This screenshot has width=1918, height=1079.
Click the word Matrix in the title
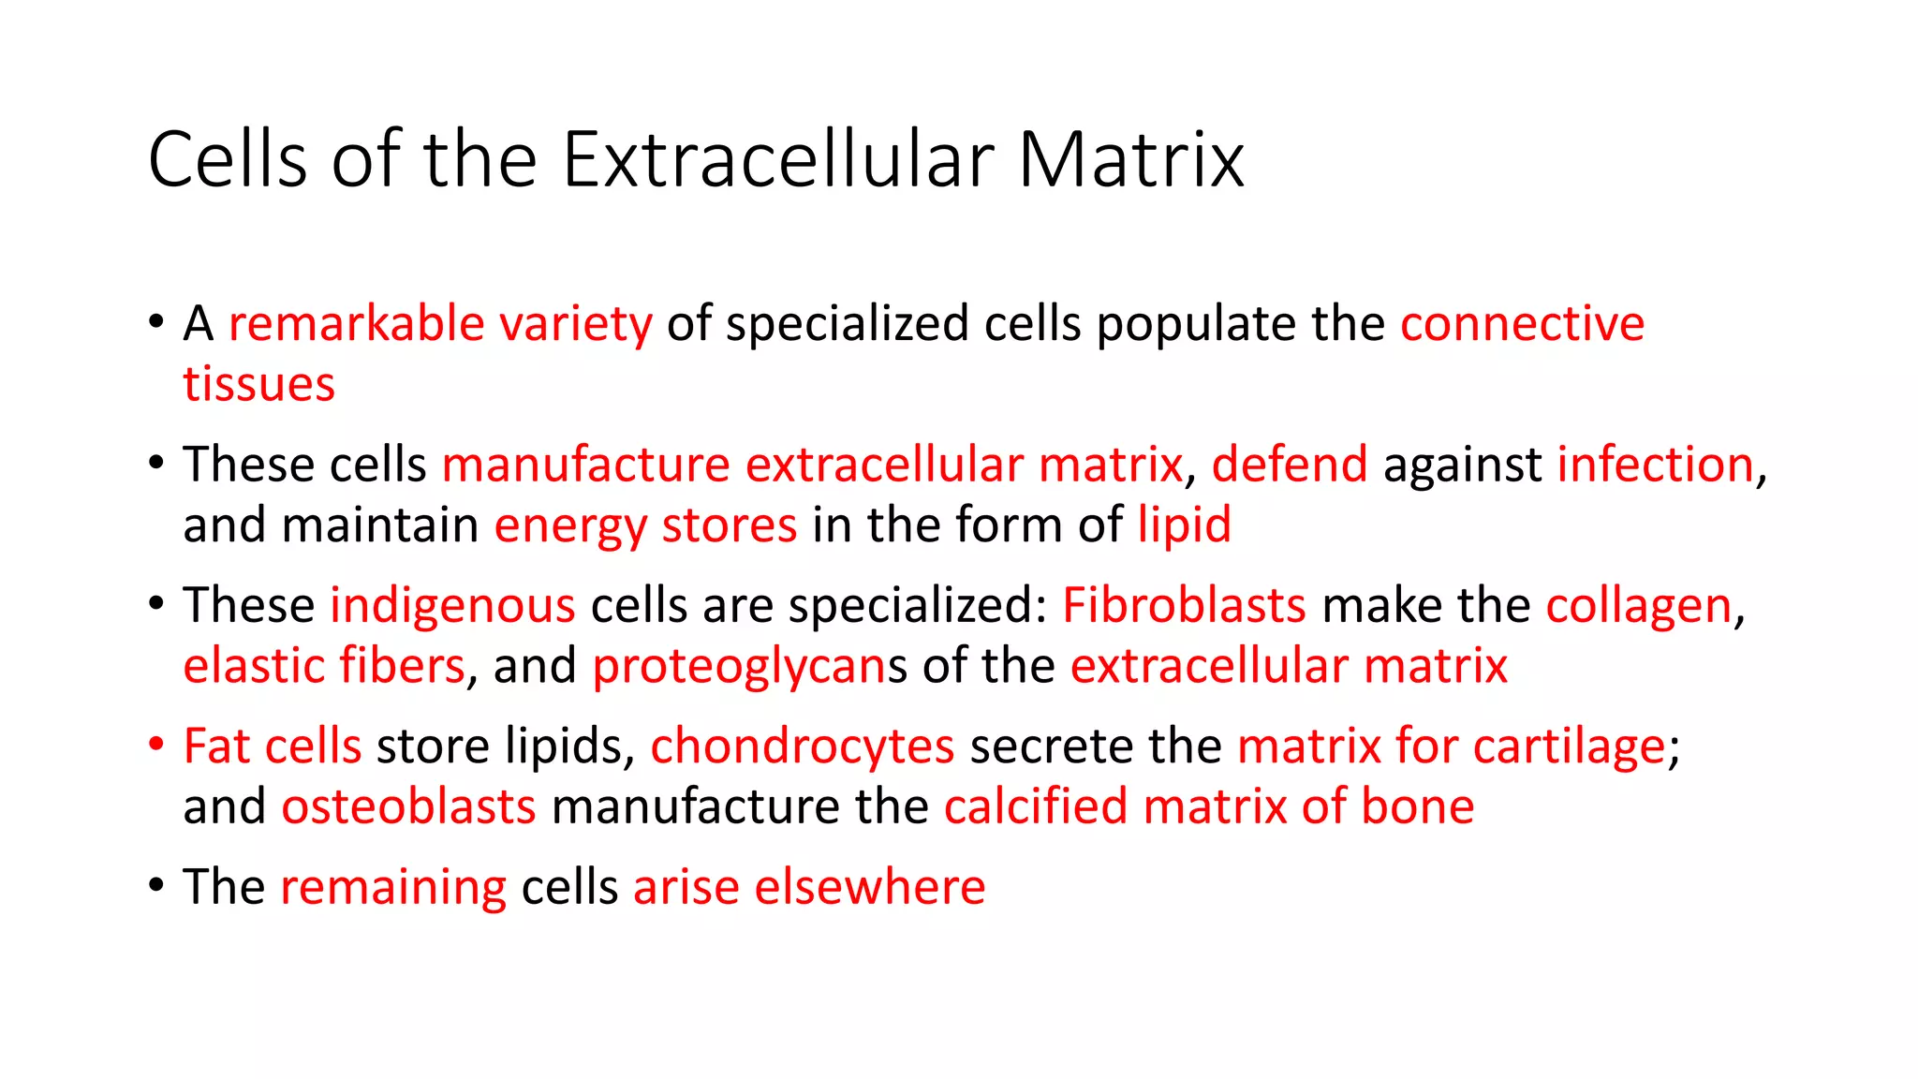pos(1130,159)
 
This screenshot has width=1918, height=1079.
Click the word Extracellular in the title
pos(778,159)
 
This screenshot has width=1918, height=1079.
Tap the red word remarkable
pos(356,324)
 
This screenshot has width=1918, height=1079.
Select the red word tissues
pos(258,385)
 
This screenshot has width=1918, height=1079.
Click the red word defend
pos(1289,465)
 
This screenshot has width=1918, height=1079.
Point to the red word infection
pos(1655,465)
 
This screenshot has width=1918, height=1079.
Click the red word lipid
pos(1184,525)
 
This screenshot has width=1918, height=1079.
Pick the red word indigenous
pos(452,606)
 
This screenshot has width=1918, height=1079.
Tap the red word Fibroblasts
pos(1184,605)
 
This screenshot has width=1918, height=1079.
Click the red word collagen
pos(1638,606)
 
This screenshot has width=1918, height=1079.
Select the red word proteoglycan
pos(739,667)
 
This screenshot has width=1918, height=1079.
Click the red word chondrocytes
pos(802,747)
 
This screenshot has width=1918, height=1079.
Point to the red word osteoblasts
pos(408,807)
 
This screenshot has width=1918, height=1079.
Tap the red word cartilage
pos(1569,747)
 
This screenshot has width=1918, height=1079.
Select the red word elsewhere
pos(869,887)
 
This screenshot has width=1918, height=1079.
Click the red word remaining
pos(393,888)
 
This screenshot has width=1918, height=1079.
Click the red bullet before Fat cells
pos(156,745)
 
